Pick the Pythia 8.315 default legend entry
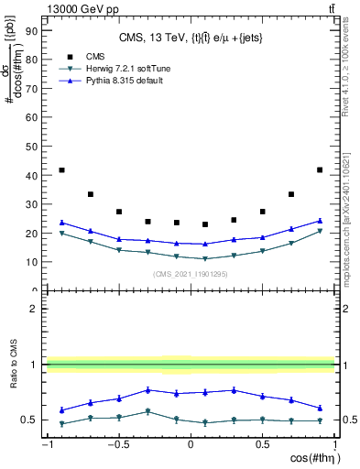pos(114,82)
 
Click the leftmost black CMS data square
pos(61,170)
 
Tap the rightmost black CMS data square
pos(319,169)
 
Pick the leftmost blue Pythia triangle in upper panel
pos(61,223)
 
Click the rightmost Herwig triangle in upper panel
pos(319,232)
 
